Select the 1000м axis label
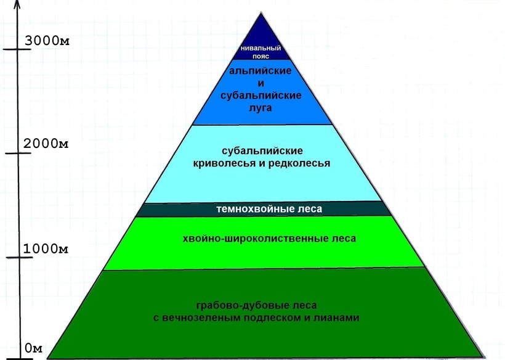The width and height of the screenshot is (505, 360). click(x=46, y=248)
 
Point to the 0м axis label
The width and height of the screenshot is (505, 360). click(x=33, y=349)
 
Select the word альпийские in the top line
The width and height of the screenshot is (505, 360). click(x=261, y=71)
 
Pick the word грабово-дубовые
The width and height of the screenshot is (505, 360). click(x=235, y=306)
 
